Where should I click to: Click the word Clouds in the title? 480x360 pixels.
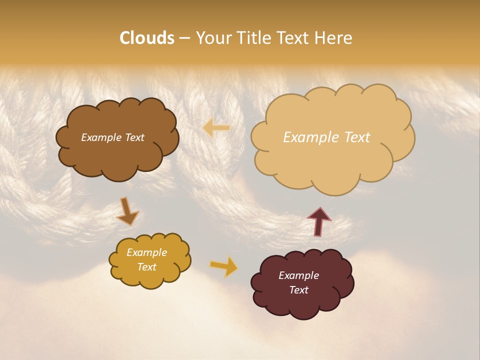coord(146,38)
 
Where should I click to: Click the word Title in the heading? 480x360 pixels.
coord(253,38)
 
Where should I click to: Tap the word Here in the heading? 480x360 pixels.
coord(334,38)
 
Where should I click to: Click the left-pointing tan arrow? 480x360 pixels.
coord(216,128)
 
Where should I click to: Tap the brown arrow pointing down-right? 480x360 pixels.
coord(128,211)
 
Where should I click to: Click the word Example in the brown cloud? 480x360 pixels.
coord(99,137)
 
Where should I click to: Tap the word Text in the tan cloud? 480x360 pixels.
coord(357,137)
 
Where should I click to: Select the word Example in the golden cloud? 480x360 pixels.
coord(146,252)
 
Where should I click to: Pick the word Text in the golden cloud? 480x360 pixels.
coord(146,267)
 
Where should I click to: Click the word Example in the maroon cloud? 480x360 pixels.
coord(298,275)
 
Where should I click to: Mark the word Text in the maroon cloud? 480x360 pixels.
coord(298,290)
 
